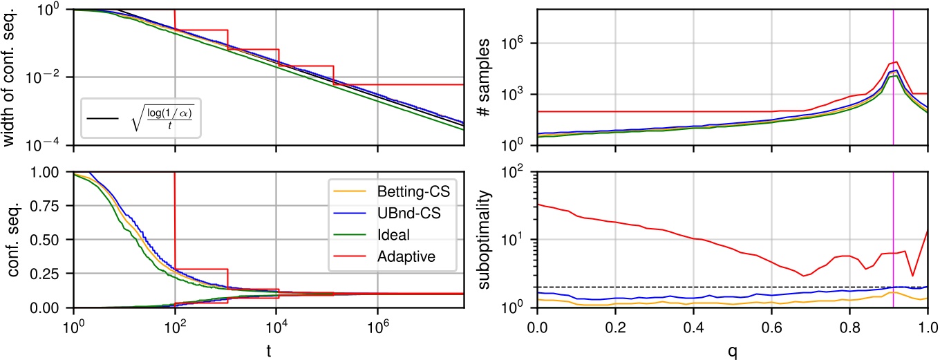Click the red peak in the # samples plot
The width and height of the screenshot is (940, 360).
pos(896,62)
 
